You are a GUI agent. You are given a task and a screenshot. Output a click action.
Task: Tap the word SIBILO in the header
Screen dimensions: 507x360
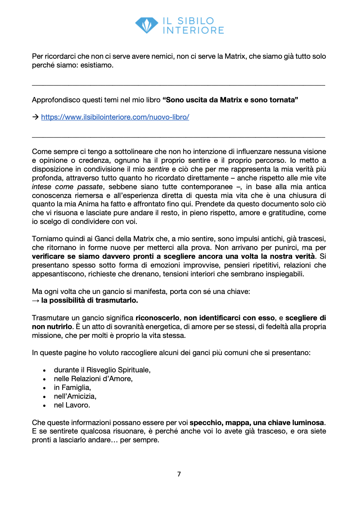195,21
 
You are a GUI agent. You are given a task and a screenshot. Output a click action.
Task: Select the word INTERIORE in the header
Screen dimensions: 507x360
193,31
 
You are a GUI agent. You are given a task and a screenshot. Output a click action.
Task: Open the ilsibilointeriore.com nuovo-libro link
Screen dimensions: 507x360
115,117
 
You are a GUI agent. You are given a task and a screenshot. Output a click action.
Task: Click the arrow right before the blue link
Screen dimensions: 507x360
36,117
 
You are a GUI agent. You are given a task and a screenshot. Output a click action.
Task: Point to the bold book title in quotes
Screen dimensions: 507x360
230,100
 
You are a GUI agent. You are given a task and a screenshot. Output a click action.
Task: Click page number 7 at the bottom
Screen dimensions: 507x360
179,474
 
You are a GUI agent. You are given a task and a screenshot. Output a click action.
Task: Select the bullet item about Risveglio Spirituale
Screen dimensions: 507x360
102,370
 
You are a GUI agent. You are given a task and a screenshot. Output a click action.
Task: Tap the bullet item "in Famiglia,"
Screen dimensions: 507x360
72,387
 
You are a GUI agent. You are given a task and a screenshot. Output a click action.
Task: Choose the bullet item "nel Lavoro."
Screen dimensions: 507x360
72,405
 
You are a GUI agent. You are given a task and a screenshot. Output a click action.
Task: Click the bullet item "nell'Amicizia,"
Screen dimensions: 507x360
75,396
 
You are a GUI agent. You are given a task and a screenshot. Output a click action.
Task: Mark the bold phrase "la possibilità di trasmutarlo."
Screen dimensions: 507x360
90,300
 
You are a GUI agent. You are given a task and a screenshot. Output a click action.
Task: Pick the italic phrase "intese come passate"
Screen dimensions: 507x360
67,187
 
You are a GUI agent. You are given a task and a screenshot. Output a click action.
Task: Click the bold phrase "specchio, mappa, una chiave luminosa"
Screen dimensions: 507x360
257,423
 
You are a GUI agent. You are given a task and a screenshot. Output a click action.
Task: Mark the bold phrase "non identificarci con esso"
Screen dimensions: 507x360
229,318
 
